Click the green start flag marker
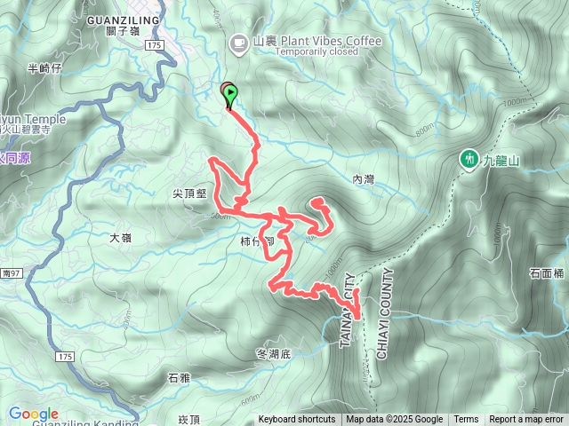click(230, 92)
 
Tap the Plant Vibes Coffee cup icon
click(238, 42)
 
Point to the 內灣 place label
click(364, 179)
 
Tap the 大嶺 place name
click(121, 238)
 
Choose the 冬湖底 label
click(273, 353)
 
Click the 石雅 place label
click(179, 378)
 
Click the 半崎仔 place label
click(44, 67)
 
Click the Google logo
click(33, 414)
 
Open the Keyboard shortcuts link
click(297, 420)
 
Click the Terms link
click(466, 420)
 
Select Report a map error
click(526, 420)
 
